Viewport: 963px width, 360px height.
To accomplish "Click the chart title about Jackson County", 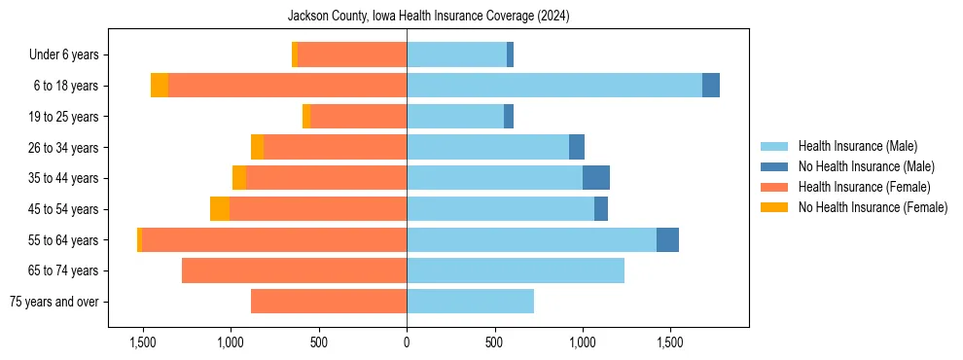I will click(428, 17).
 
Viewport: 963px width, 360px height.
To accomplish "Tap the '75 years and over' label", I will click(53, 302).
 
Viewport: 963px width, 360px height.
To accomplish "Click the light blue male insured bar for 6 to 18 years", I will click(554, 86).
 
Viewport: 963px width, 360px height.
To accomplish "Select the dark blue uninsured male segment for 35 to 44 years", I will click(595, 178).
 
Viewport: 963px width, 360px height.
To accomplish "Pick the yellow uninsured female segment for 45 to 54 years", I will click(220, 209).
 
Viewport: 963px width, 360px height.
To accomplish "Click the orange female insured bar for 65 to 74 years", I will click(294, 270).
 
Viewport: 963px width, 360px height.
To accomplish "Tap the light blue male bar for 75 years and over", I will click(470, 302).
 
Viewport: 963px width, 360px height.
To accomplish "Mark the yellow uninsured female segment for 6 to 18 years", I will click(160, 86).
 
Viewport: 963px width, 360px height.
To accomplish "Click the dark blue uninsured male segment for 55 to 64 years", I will click(667, 240).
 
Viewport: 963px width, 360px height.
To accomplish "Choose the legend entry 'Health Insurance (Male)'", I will click(857, 146).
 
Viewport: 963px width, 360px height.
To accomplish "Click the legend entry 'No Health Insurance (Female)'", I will click(873, 207).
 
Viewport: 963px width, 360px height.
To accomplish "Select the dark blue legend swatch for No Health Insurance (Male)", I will click(774, 166).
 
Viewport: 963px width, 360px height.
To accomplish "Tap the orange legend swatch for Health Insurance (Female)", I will click(774, 187).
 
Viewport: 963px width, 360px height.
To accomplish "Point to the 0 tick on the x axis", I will click(407, 342).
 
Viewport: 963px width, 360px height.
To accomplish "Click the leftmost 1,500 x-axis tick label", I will click(143, 342).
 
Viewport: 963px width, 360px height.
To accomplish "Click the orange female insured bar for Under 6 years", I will click(351, 54).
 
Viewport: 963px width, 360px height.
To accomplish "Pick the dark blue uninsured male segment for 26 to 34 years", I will click(577, 147).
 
